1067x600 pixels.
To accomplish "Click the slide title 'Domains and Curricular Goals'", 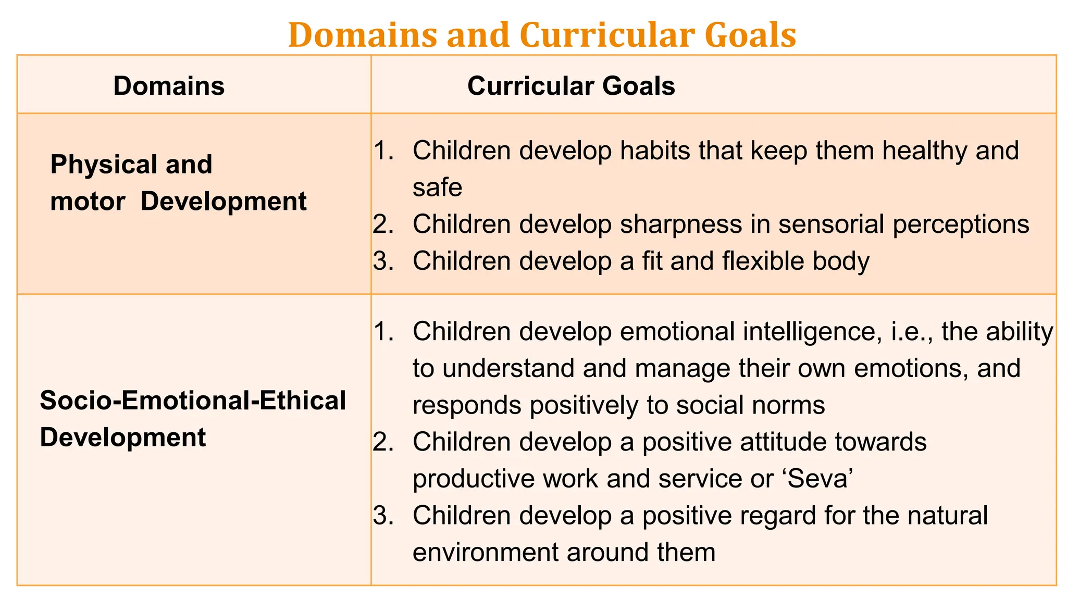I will (542, 35).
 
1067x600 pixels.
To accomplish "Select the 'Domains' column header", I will (169, 86).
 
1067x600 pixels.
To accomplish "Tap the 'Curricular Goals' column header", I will (571, 86).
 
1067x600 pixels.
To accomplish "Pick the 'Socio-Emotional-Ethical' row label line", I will (193, 401).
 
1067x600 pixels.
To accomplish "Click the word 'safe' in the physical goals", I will (437, 187).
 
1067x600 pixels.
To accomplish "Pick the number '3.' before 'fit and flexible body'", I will (383, 261).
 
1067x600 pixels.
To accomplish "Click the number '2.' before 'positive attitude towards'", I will (383, 442).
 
